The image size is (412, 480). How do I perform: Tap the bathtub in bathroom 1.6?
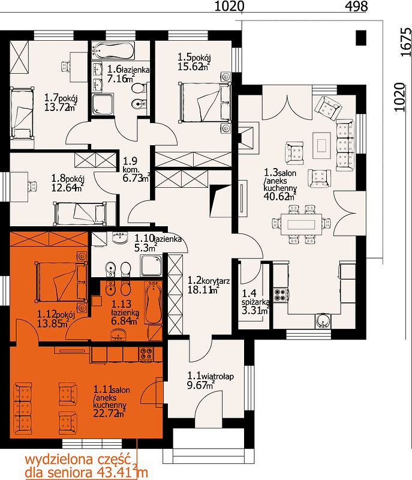(x=113, y=50)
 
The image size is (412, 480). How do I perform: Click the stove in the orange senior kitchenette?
(x=146, y=355)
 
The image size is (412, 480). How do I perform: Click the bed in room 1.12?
(x=61, y=281)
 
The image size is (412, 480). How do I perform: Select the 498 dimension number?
(x=356, y=6)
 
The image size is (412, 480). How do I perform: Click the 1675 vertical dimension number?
(x=406, y=42)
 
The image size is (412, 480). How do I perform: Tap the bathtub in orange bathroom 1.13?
(x=154, y=302)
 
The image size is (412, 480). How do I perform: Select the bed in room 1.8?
(x=80, y=213)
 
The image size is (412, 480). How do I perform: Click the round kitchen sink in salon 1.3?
(x=323, y=321)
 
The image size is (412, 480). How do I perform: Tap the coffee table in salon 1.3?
(x=322, y=145)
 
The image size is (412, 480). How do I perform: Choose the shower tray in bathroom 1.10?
(x=151, y=266)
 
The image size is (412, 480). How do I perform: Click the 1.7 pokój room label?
(x=61, y=98)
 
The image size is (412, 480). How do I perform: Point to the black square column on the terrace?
(x=361, y=38)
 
